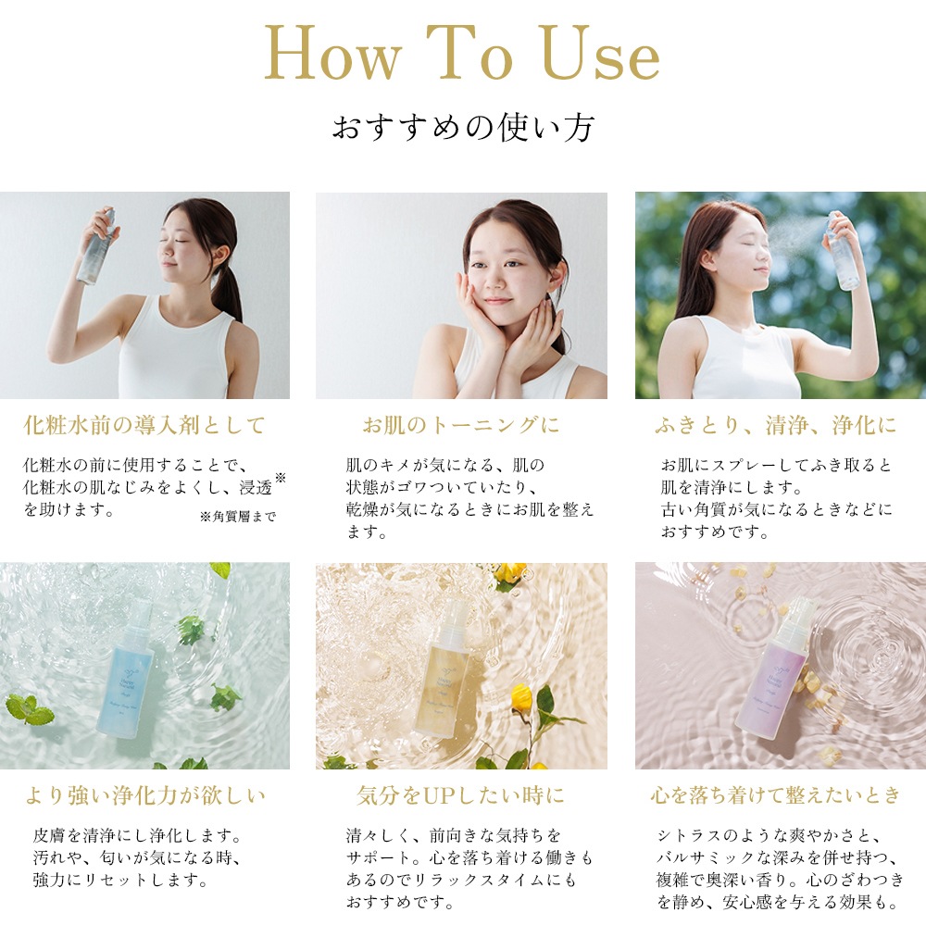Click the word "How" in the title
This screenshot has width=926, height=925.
click(332, 53)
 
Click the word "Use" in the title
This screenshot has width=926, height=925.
click(600, 53)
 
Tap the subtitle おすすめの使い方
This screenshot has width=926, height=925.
click(463, 127)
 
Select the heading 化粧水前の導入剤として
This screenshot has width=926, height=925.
click(144, 425)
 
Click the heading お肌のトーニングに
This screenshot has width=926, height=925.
click(461, 425)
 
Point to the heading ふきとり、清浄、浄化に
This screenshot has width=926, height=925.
click(776, 425)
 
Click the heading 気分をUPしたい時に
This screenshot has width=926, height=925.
click(460, 795)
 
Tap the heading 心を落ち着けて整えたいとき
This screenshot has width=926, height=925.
click(776, 795)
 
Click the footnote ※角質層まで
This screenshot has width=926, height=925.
click(238, 517)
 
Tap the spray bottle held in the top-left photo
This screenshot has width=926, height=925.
click(98, 246)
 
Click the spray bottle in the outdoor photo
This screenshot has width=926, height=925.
click(842, 251)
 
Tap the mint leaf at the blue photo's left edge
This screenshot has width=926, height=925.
click(29, 709)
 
